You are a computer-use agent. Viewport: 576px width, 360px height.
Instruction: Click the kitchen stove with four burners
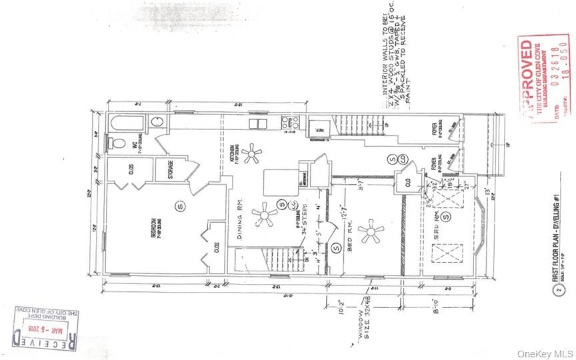(x=290, y=123)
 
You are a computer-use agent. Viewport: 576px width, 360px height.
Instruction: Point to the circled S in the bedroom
(x=178, y=207)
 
